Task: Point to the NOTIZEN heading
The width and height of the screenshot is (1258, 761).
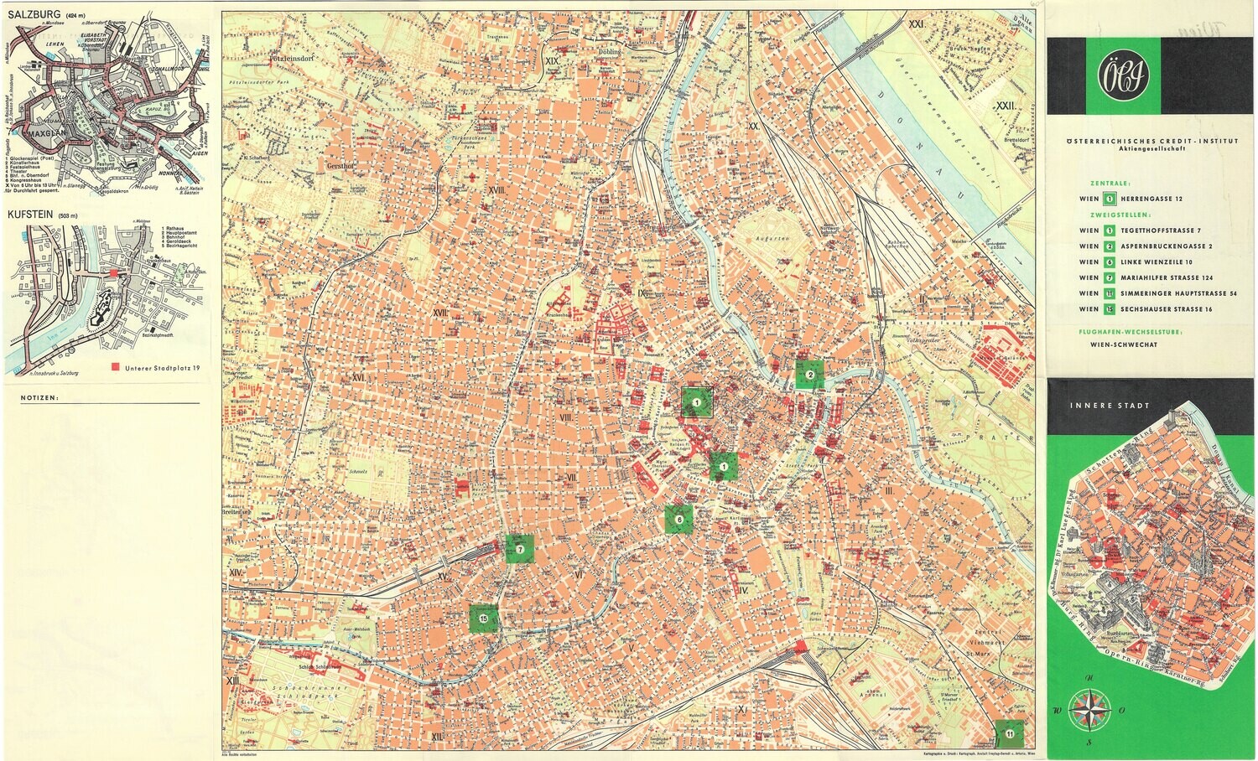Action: (x=40, y=398)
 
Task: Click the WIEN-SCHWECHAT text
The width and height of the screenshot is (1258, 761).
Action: (x=1124, y=344)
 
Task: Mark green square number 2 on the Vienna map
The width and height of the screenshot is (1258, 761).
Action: (x=809, y=375)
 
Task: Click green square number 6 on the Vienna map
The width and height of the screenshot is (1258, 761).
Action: (x=678, y=520)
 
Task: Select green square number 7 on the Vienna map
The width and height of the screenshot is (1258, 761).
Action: (x=520, y=549)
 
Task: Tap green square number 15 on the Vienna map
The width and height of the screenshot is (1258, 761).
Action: (x=484, y=619)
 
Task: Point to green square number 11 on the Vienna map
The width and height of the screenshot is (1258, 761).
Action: (x=1010, y=733)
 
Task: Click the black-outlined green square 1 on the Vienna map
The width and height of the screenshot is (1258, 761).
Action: (x=696, y=403)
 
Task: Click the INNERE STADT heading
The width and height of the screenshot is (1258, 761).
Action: (x=1098, y=406)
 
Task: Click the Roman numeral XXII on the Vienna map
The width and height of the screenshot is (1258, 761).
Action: (x=1006, y=106)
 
